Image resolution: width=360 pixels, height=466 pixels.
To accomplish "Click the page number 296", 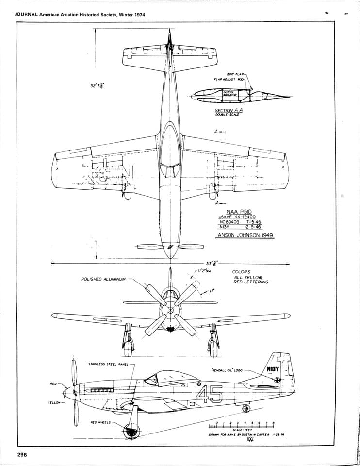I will click(21, 454).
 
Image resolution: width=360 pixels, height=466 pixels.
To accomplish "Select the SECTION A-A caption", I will click(229, 111).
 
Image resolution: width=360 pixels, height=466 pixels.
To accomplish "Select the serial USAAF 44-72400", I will click(238, 217).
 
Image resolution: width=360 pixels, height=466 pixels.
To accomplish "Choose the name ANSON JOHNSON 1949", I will click(245, 235).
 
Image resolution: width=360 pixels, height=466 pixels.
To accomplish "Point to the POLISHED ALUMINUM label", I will click(103, 280).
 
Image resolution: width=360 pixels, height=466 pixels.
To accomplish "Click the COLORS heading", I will click(241, 272).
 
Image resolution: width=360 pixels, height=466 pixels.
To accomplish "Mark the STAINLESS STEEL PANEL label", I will click(108, 364).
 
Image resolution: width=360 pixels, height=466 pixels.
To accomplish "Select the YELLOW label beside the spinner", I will click(54, 402).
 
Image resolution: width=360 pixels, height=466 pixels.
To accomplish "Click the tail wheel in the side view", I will click(246, 408).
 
